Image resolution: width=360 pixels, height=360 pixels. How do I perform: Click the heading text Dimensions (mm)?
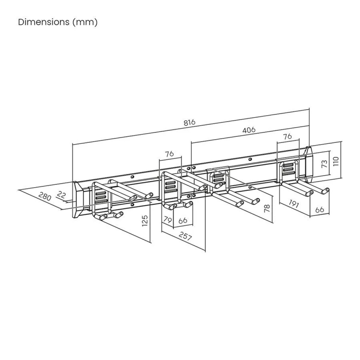click(x=58, y=22)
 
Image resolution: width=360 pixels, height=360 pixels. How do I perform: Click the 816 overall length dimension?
click(x=189, y=122)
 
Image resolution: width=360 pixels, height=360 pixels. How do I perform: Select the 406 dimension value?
click(x=249, y=130)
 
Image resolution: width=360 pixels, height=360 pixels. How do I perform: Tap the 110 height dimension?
click(x=336, y=161)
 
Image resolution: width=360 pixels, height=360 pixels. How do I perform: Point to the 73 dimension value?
click(x=325, y=163)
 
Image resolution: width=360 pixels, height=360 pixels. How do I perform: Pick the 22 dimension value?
click(x=61, y=195)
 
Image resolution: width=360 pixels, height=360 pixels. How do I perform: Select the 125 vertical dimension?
click(x=145, y=220)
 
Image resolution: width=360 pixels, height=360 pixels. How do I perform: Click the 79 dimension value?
click(x=167, y=220)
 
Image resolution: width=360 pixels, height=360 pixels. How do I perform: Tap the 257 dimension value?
click(x=185, y=236)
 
